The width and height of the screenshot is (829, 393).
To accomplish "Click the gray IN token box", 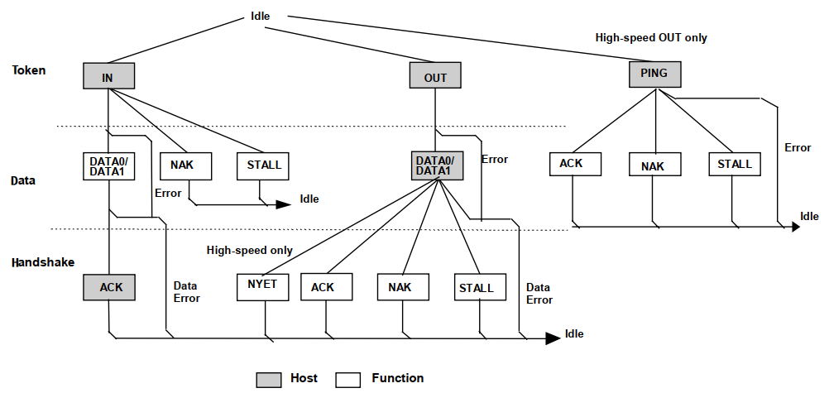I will (x=108, y=76).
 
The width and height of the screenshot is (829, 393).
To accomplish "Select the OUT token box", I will (x=435, y=77).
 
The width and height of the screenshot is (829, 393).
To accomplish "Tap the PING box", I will (x=654, y=74).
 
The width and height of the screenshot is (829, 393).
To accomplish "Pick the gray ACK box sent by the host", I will (x=109, y=287).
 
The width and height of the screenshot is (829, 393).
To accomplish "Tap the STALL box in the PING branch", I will (x=734, y=164).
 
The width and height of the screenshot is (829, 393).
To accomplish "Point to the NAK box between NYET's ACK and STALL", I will (x=404, y=287).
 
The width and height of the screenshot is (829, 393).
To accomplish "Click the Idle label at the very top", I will (x=260, y=16).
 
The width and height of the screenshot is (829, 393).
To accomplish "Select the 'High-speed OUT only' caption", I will (x=651, y=38).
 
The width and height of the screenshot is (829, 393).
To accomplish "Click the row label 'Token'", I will (x=29, y=70).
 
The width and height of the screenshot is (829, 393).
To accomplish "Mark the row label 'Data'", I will (x=25, y=180).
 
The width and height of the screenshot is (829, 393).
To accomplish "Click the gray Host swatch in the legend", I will (x=267, y=379).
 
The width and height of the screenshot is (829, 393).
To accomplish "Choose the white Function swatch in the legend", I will (x=348, y=379).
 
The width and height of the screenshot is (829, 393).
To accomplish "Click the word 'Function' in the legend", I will (x=397, y=378).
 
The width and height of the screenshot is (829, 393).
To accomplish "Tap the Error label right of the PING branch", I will (x=798, y=148).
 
